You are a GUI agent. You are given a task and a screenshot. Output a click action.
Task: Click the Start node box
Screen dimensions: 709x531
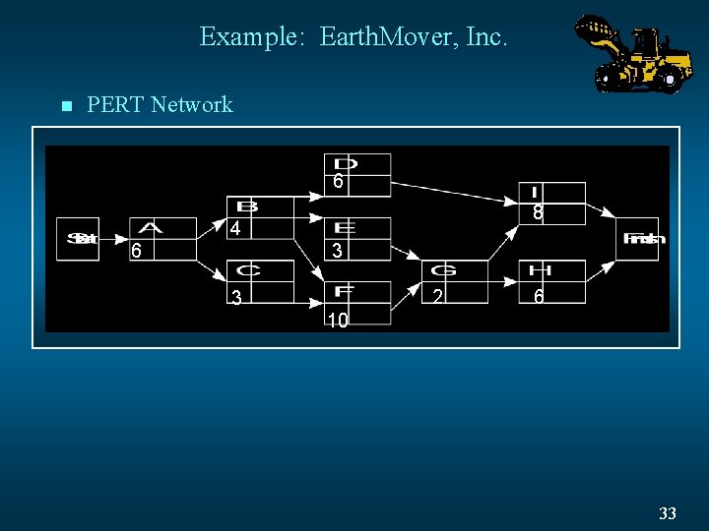click(x=78, y=238)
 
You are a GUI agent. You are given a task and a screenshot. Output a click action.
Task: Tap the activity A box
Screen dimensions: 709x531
click(x=162, y=238)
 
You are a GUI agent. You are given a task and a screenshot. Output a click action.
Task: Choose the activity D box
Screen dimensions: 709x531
click(x=357, y=174)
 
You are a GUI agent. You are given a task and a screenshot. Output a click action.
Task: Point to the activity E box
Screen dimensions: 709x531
click(x=357, y=239)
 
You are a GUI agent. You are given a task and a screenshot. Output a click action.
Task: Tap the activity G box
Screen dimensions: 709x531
click(x=455, y=281)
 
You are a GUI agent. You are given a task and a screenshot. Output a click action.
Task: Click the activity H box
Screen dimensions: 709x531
click(x=552, y=281)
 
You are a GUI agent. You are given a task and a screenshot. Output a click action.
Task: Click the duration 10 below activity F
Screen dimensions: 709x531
click(x=338, y=321)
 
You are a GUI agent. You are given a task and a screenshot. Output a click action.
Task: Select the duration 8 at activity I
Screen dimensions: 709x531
click(x=539, y=212)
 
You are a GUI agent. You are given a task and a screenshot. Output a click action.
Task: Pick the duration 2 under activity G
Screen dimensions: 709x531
click(x=437, y=296)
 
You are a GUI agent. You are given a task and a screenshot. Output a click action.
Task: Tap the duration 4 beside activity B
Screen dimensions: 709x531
click(x=235, y=229)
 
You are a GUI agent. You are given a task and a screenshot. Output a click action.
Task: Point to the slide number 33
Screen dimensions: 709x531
click(x=668, y=513)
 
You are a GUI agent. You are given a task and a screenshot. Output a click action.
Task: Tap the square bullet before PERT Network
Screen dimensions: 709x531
click(x=66, y=105)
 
